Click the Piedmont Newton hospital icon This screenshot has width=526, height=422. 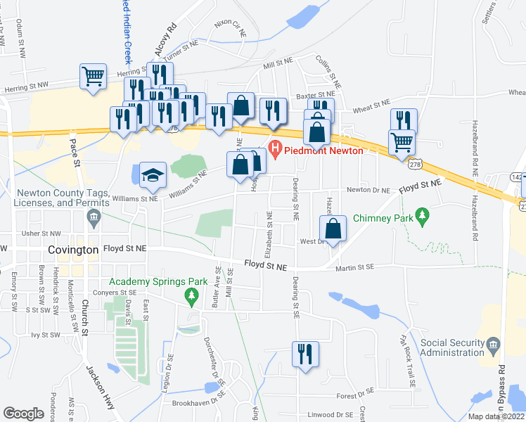274,150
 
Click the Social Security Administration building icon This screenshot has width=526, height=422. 493,345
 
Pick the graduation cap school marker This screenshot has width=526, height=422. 152,176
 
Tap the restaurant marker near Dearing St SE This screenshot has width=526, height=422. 304,353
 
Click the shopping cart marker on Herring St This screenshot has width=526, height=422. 94,76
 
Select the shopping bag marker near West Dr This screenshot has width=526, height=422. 333,228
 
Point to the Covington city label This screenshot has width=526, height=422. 74,250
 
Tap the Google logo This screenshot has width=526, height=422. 23,414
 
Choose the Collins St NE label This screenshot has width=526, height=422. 328,71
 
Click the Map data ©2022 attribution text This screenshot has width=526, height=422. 496,416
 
